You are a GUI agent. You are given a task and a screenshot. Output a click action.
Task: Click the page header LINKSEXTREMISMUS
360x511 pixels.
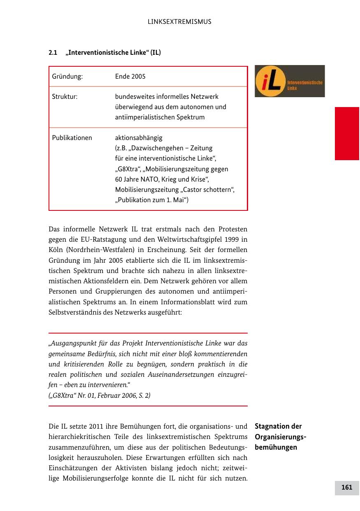(179, 22)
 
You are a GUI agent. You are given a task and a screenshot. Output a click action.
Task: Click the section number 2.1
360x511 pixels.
(53, 53)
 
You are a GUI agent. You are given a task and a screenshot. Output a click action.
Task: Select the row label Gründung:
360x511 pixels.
(67, 77)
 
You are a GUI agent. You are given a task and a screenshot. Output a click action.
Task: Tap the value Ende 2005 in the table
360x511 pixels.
(130, 77)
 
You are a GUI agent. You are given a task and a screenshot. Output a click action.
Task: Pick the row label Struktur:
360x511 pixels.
(65, 97)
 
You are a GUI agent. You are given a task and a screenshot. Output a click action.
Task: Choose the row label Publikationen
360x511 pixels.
(72, 138)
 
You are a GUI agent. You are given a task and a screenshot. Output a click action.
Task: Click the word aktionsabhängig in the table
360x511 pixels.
(139, 138)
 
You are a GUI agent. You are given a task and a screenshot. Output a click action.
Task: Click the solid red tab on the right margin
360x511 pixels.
(347, 133)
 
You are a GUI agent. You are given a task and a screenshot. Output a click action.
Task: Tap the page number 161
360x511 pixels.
(347, 488)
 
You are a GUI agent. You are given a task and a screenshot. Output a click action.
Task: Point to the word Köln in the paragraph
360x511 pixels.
(55, 250)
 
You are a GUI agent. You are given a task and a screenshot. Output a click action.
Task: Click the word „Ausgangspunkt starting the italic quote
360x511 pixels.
(72, 343)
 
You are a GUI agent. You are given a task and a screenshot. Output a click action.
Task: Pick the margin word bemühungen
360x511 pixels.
(276, 447)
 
